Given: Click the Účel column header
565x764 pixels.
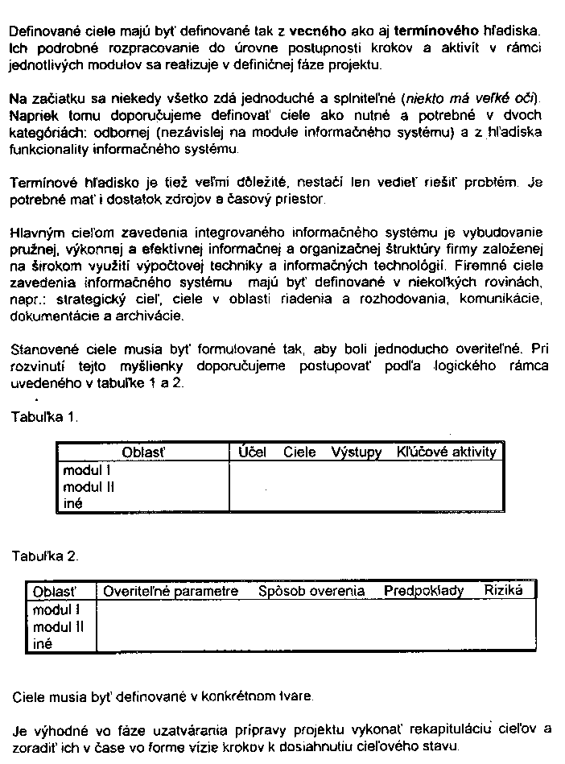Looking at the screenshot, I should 253,452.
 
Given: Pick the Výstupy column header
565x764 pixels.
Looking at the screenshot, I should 356,452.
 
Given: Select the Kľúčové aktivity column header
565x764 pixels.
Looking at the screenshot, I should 447,452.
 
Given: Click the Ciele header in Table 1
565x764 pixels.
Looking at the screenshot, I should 299,452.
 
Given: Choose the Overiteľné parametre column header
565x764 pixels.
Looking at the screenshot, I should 171,591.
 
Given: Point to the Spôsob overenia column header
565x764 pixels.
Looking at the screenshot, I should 311,591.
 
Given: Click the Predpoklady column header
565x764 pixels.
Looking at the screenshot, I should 423,591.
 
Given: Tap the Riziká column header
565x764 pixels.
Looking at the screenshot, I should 503,590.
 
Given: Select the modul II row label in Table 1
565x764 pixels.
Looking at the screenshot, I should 89,486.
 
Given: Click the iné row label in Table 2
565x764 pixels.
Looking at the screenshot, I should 42,643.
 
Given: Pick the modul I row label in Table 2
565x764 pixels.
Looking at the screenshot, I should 56,609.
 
